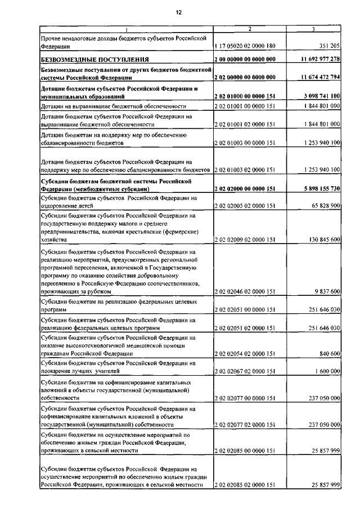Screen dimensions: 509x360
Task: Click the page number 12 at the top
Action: (179, 11)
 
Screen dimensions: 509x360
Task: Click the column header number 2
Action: (249, 29)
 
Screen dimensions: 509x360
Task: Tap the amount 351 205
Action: (326, 47)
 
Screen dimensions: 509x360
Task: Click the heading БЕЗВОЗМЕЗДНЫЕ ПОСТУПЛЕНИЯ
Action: (94, 60)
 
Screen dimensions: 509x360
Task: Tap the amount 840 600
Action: (328, 353)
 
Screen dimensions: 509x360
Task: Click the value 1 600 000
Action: (326, 372)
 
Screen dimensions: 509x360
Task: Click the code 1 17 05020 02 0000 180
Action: (245, 47)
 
